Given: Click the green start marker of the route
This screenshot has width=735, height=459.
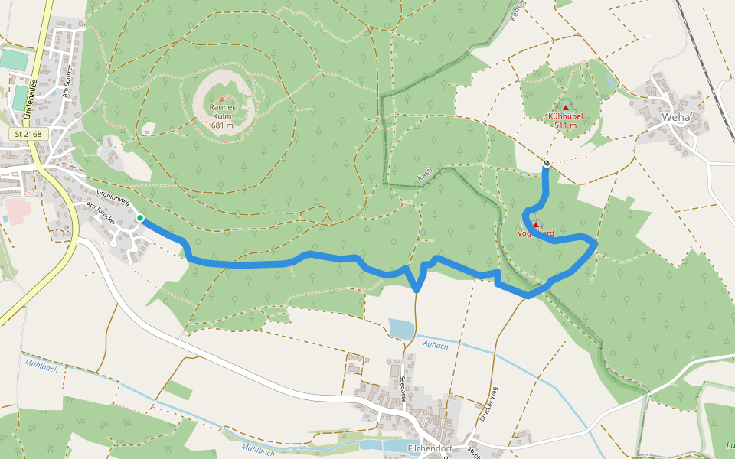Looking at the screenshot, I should [x=140, y=219].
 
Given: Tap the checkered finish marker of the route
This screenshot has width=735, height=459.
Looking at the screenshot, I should [x=547, y=163].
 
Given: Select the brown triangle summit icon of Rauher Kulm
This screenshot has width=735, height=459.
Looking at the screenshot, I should [x=222, y=99].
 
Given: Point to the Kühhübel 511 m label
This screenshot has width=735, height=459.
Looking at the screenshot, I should [x=566, y=120].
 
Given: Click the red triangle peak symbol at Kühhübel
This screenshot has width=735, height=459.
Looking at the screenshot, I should [x=566, y=107].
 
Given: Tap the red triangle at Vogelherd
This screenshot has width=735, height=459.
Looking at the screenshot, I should [x=536, y=224].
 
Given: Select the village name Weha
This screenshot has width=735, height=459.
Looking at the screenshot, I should [x=676, y=117].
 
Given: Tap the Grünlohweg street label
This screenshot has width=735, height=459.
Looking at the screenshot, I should [x=114, y=196].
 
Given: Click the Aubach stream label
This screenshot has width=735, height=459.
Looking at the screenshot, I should [x=436, y=346].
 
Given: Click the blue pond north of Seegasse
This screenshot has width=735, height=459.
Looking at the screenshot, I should [x=401, y=328].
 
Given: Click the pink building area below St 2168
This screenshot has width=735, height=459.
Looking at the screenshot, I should [x=15, y=207].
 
